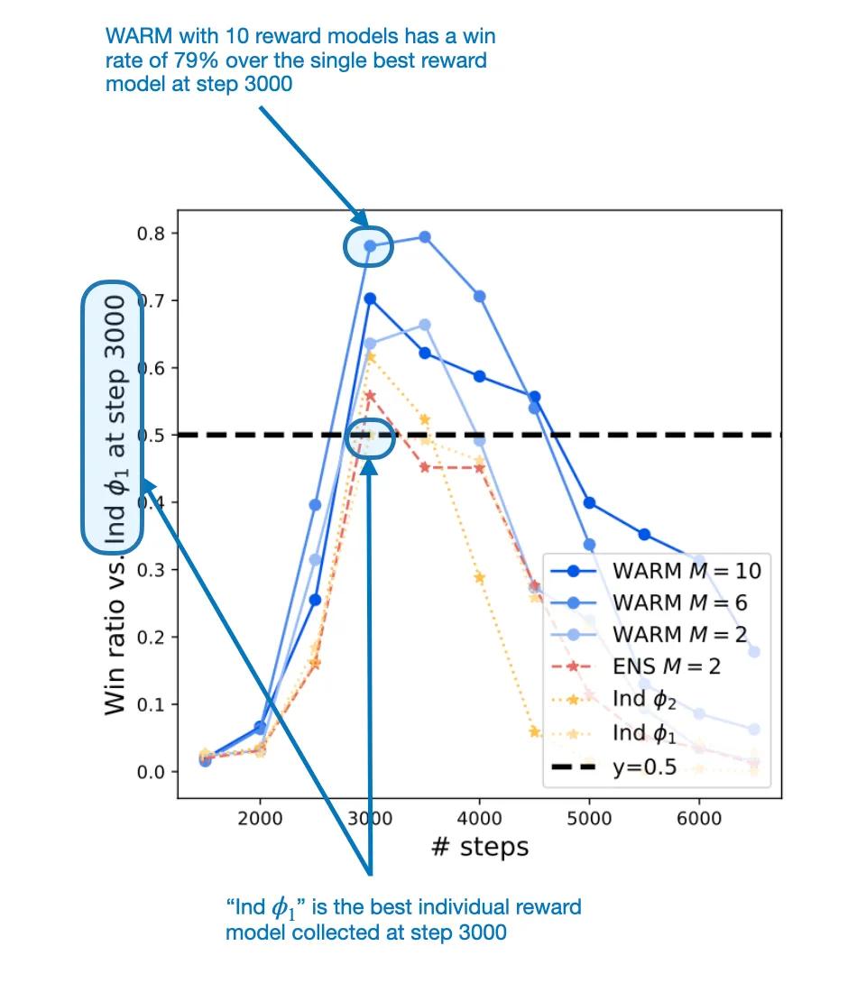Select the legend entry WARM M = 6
[x=679, y=602]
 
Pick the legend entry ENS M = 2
[x=667, y=666]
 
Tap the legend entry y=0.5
[x=644, y=768]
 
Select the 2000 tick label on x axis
[x=260, y=818]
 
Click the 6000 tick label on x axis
[x=699, y=818]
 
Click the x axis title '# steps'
[x=479, y=847]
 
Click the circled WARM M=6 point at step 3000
[x=370, y=245]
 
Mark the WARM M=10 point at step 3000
[x=370, y=299]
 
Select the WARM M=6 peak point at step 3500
[x=425, y=237]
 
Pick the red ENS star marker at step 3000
[x=370, y=395]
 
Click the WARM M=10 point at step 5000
[x=589, y=502]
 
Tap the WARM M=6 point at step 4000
[x=480, y=296]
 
